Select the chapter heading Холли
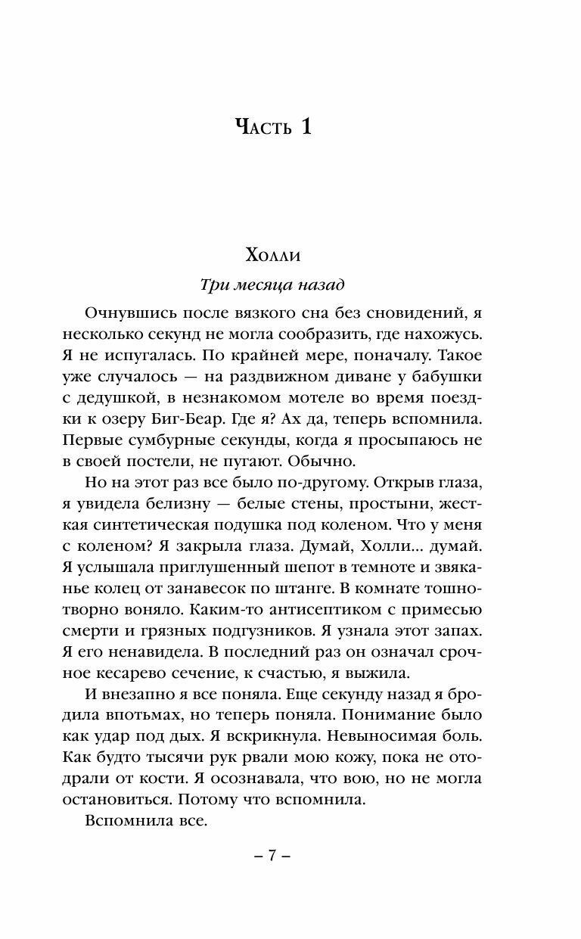tap(272, 255)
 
